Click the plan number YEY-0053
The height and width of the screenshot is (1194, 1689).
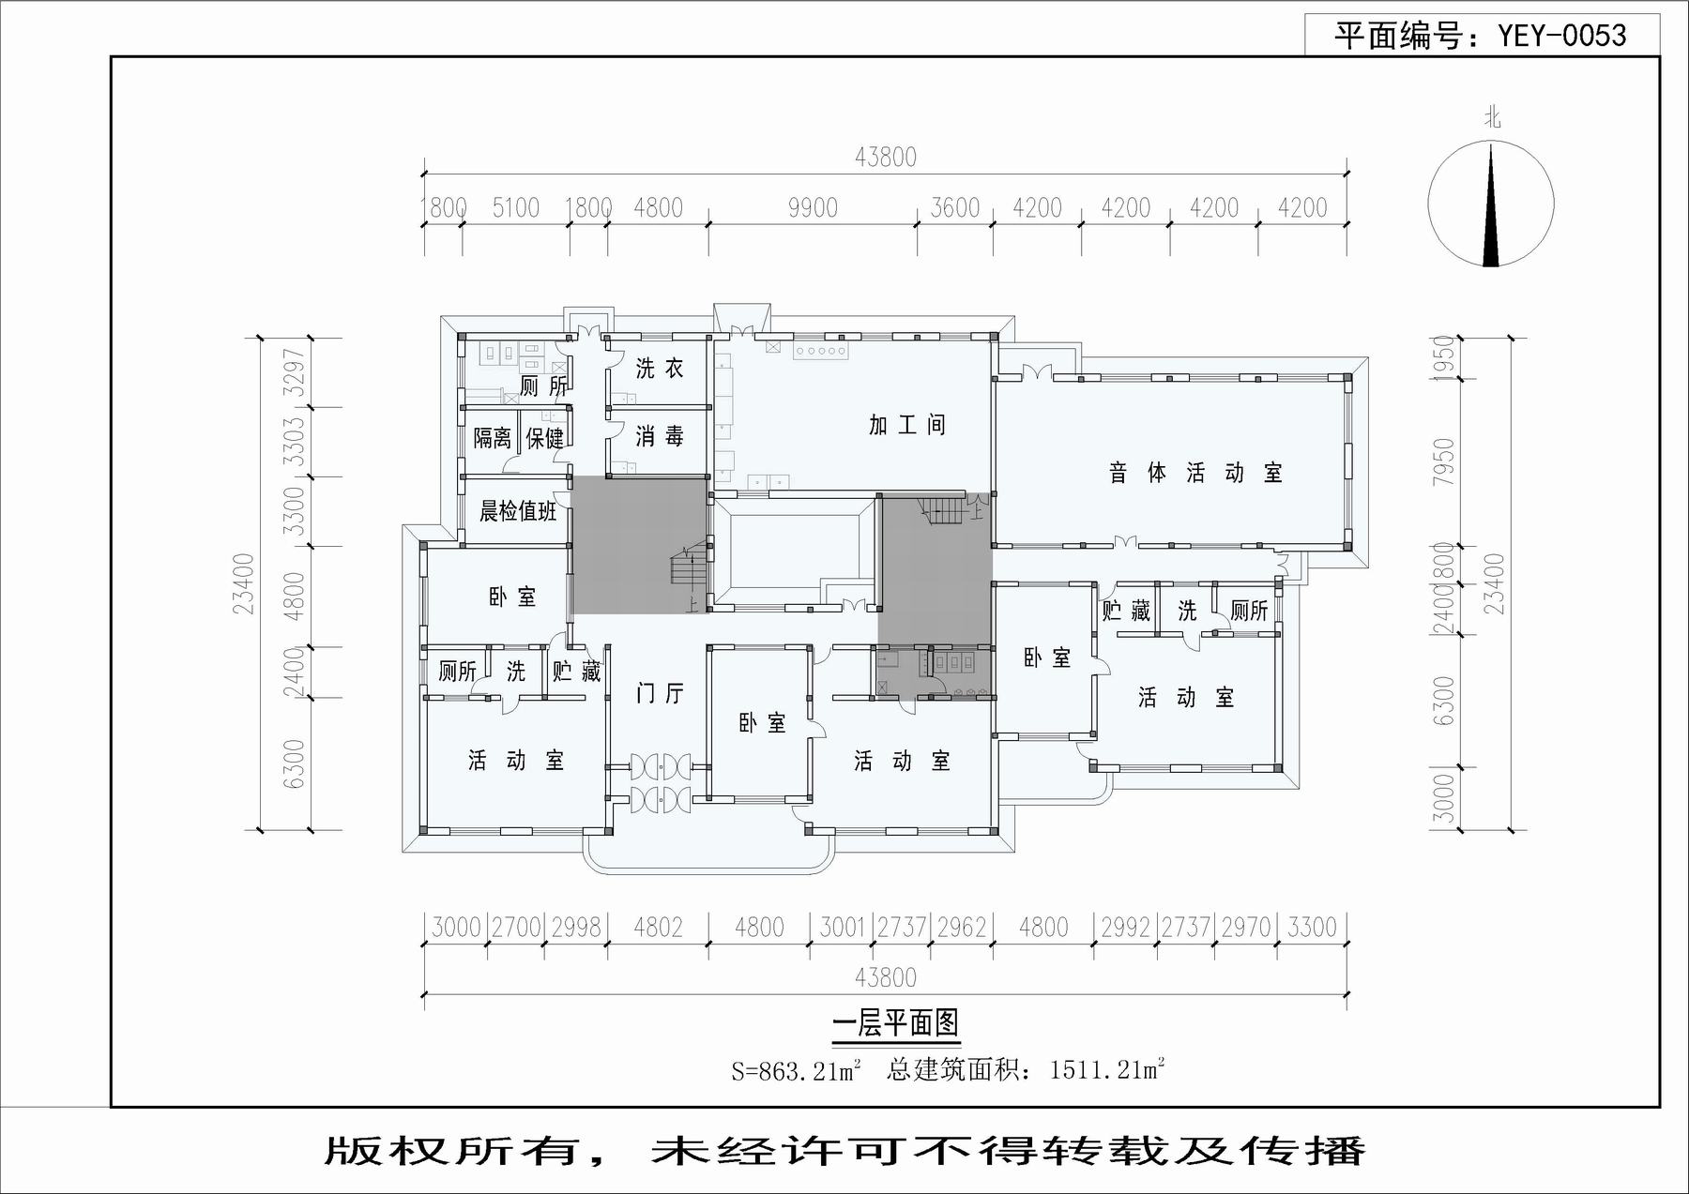coord(1561,36)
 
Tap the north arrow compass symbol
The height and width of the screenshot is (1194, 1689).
coord(1491,204)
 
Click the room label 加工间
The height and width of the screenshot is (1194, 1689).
coord(907,425)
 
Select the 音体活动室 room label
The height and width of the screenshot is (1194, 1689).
coord(1195,473)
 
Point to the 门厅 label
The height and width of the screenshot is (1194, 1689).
coord(660,693)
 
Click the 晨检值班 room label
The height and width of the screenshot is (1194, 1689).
coord(518,511)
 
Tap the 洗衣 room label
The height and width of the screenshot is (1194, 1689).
coord(660,369)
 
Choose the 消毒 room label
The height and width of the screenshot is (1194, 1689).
coord(660,436)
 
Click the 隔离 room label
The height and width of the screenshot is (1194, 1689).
coord(493,438)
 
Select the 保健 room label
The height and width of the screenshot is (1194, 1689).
coord(545,438)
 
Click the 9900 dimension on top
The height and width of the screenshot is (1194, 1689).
coord(813,207)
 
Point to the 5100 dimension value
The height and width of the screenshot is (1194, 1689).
coord(516,207)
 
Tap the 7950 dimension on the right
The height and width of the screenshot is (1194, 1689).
coord(1444,461)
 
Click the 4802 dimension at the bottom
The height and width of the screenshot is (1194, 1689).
coord(658,927)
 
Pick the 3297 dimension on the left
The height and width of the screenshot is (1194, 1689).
coord(295,372)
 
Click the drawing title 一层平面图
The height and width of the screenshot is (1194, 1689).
coord(896,1022)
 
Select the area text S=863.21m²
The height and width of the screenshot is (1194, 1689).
coord(797,1070)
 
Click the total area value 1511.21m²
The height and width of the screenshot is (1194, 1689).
coord(1107,1068)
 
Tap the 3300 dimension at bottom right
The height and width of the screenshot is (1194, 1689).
coord(1312,927)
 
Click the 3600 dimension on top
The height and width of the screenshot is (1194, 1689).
coord(955,207)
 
